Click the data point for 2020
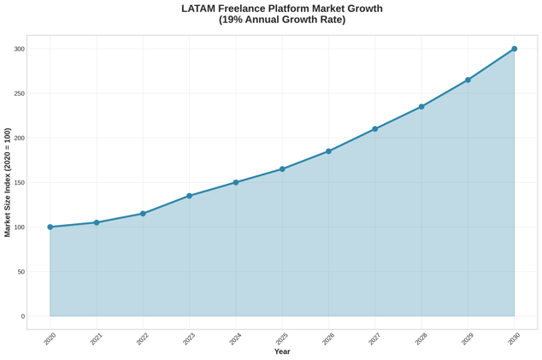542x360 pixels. click(50, 227)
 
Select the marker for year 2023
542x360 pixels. click(190, 196)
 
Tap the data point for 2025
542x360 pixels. click(282, 169)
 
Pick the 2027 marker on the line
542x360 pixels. click(375, 129)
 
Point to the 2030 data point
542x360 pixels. click(515, 49)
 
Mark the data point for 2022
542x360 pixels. click(143, 214)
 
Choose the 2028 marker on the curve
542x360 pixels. click(421, 107)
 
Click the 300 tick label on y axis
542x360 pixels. click(19, 49)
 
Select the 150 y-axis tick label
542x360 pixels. click(19, 183)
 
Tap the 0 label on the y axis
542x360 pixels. click(22, 316)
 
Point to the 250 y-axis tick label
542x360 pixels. click(19, 93)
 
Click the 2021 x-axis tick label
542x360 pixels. click(96, 339)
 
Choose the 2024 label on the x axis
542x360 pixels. click(235, 339)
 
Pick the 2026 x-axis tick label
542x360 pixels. click(328, 339)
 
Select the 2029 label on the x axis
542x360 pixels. click(467, 339)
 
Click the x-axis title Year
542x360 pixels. click(282, 351)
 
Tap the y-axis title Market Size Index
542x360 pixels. click(8, 182)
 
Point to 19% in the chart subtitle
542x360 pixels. click(234, 20)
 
